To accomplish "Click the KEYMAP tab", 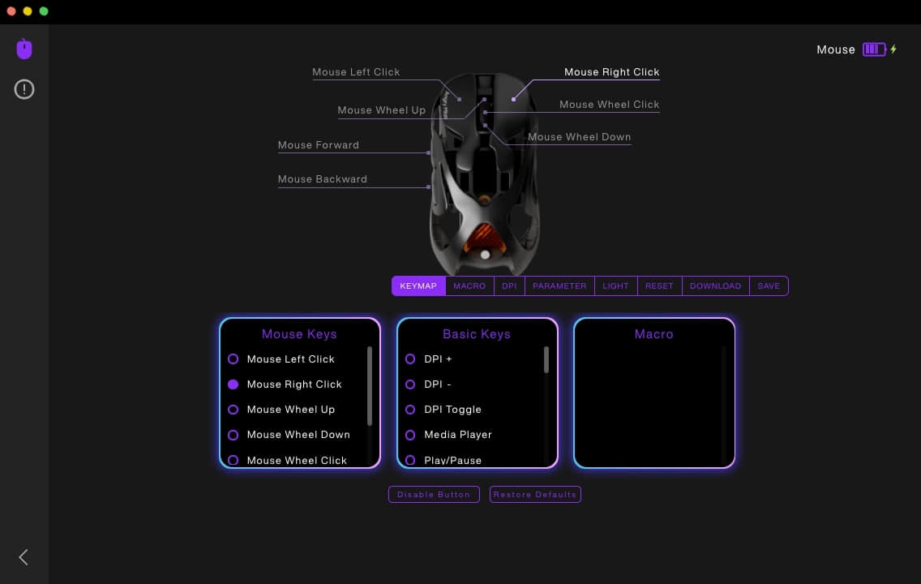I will coord(418,286).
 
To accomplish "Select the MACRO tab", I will coord(469,286).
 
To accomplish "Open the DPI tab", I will coord(509,286).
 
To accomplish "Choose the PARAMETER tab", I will coord(559,286).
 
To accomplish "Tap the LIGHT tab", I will coord(615,286).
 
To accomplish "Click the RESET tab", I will coord(659,286).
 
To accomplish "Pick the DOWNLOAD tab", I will coord(715,286).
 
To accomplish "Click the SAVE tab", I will coord(769,286).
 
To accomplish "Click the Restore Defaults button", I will coord(535,495).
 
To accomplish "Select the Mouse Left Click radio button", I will coord(233,359).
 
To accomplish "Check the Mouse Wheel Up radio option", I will coord(233,410).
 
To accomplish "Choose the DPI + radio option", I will coord(410,359).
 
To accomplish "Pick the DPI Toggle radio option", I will coord(410,410).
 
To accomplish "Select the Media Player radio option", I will coord(410,435).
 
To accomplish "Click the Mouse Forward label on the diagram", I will coord(319,145).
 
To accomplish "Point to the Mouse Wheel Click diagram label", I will coord(609,105).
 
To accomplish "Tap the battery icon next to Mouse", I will coord(874,49).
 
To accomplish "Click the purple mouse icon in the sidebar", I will coord(24,49).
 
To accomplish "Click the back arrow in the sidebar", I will coord(24,557).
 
